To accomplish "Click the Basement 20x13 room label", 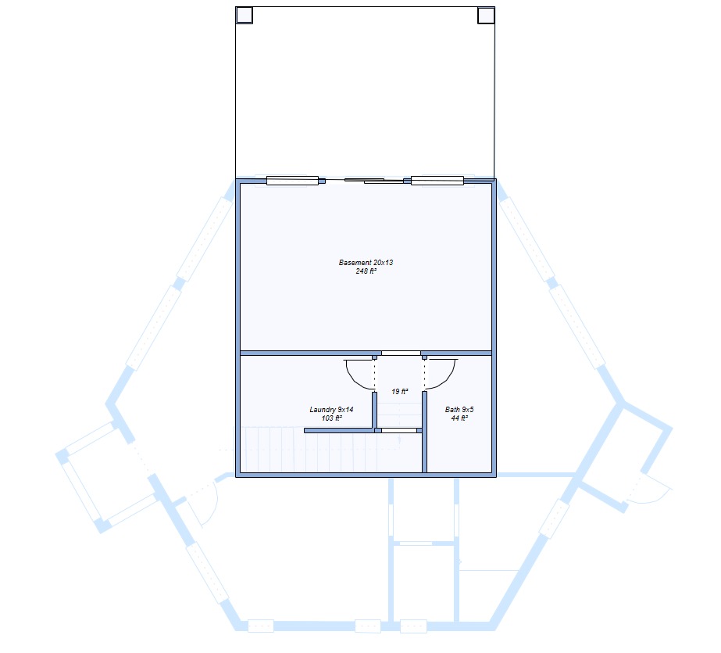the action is (366, 262).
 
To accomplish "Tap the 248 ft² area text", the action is (366, 271).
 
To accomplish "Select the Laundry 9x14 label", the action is (331, 410).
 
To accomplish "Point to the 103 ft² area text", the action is (331, 418).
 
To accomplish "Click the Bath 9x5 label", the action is (459, 410).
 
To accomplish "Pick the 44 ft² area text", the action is (459, 418).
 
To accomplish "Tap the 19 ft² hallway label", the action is (400, 392).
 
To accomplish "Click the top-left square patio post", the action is (244, 15).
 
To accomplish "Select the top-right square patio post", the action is (486, 15).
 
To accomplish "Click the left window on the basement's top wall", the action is (292, 181).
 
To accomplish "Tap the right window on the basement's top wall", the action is (437, 181).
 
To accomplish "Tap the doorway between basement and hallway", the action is (401, 353).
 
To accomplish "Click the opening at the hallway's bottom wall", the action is (399, 431).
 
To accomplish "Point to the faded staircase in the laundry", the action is (317, 449).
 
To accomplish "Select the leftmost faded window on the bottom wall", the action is (261, 626).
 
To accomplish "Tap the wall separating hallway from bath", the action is (424, 432).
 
